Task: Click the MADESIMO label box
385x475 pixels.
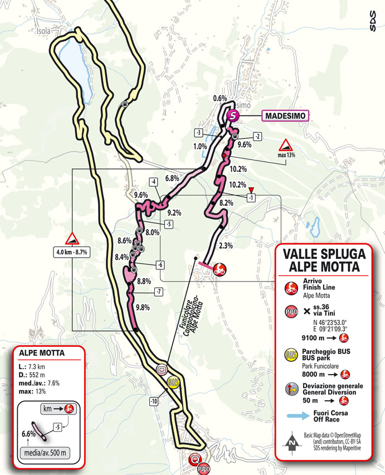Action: coord(284,115)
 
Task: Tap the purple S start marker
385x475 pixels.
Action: coord(233,116)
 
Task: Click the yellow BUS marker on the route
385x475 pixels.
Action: coord(173,382)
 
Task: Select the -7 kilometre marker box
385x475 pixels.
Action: coord(159,291)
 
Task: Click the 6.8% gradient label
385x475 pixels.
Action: coord(172,178)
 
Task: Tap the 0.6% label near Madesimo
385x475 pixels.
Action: coord(220,99)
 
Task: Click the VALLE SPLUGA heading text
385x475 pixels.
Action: coord(324,254)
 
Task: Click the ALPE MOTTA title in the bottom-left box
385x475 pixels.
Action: coord(42,353)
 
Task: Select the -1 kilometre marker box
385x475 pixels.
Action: coord(251,197)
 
